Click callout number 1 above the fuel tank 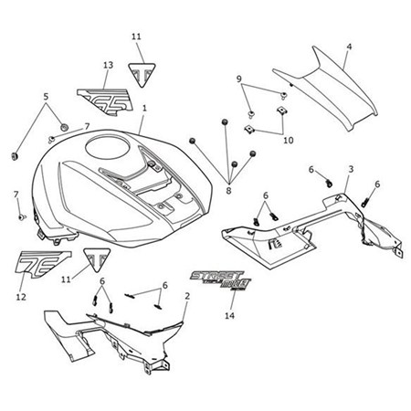point(143,108)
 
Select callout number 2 point(187,296)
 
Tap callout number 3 point(350,170)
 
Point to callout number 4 point(348,46)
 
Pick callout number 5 point(46,95)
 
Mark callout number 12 point(21,297)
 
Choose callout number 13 point(108,65)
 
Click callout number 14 point(228,314)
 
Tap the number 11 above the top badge point(136,37)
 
